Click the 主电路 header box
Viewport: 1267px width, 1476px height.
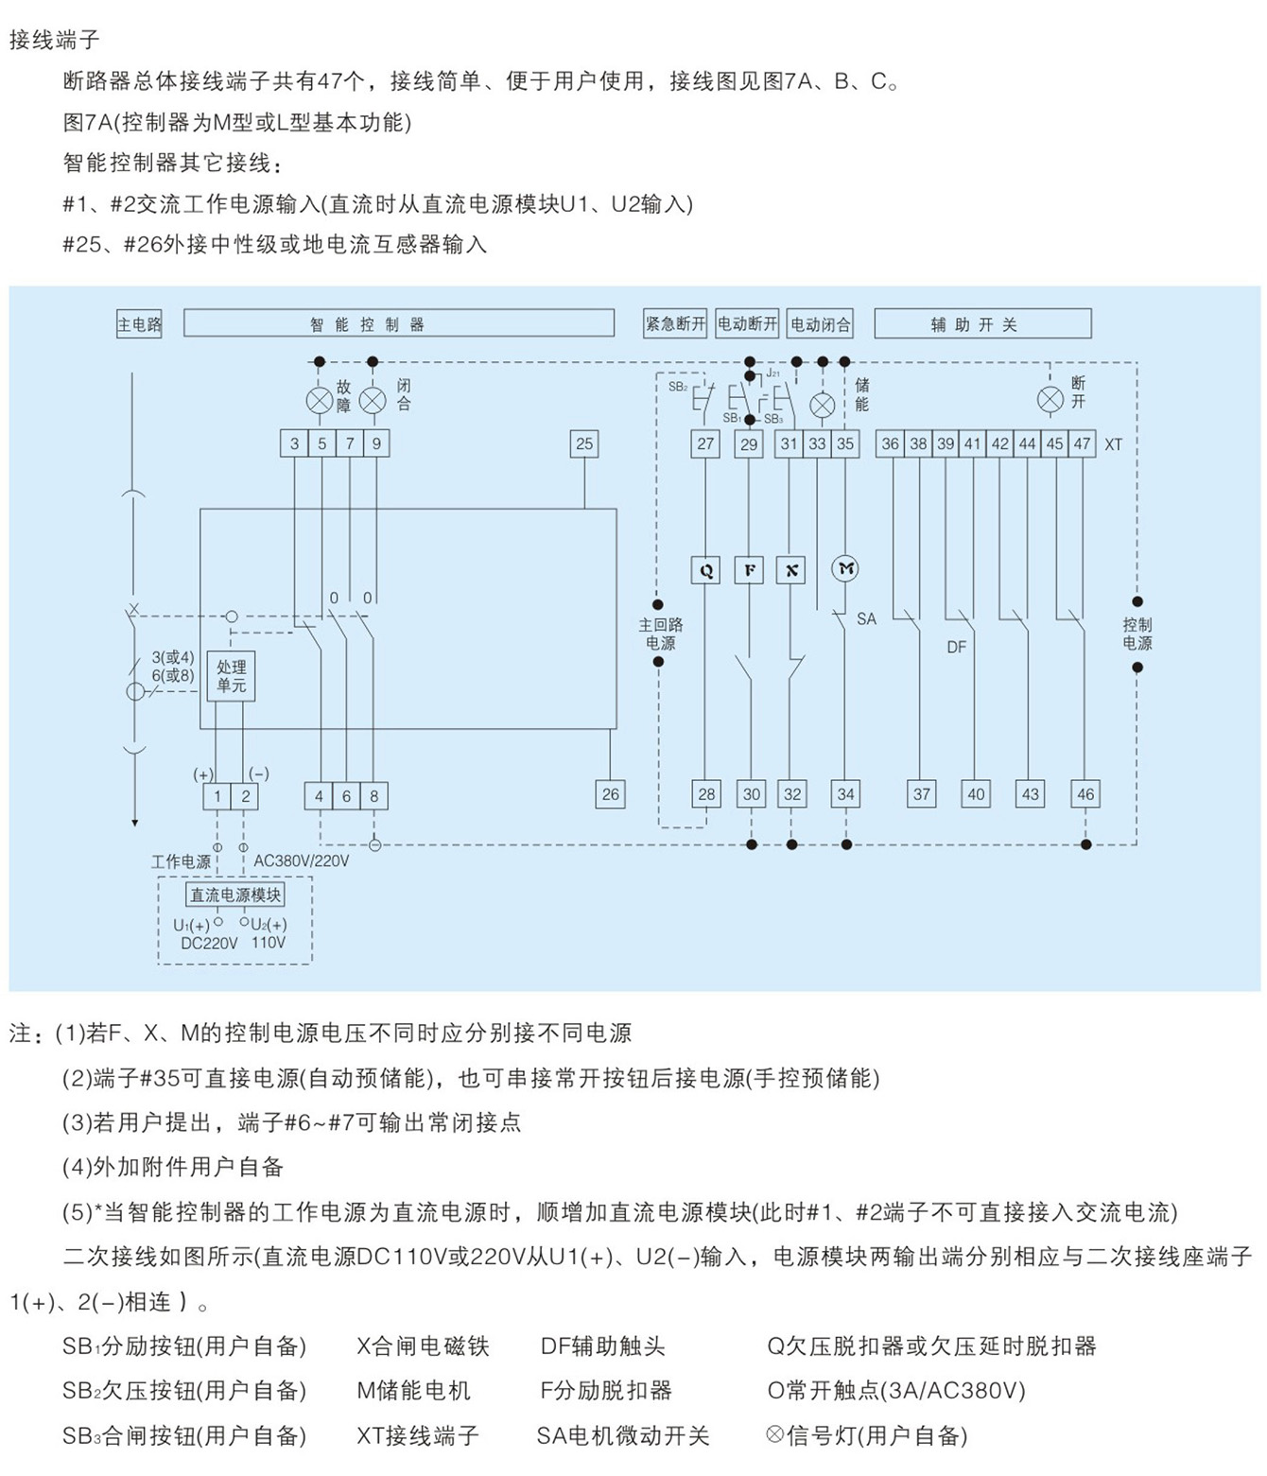[139, 324]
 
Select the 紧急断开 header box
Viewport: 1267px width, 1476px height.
[675, 323]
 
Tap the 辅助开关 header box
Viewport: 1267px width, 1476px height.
[982, 323]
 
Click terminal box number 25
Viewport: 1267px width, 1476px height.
[584, 443]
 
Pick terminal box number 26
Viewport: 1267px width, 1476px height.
[610, 794]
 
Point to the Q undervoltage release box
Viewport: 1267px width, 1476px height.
[705, 570]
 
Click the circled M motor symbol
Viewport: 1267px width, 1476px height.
[845, 569]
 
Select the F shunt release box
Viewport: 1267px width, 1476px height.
[749, 570]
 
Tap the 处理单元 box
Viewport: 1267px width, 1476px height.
[231, 675]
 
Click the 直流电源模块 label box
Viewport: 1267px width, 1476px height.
[235, 894]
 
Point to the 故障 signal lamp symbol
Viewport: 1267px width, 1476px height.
[320, 401]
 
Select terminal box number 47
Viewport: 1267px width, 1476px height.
[1082, 443]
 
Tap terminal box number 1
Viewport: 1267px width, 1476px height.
[217, 796]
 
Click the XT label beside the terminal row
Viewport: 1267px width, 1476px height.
[1113, 444]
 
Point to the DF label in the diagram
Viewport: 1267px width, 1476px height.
[956, 647]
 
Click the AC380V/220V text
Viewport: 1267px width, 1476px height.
[302, 860]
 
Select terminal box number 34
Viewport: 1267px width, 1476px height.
[845, 794]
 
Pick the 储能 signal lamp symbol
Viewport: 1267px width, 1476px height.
[822, 406]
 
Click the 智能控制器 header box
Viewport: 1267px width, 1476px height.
[398, 322]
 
